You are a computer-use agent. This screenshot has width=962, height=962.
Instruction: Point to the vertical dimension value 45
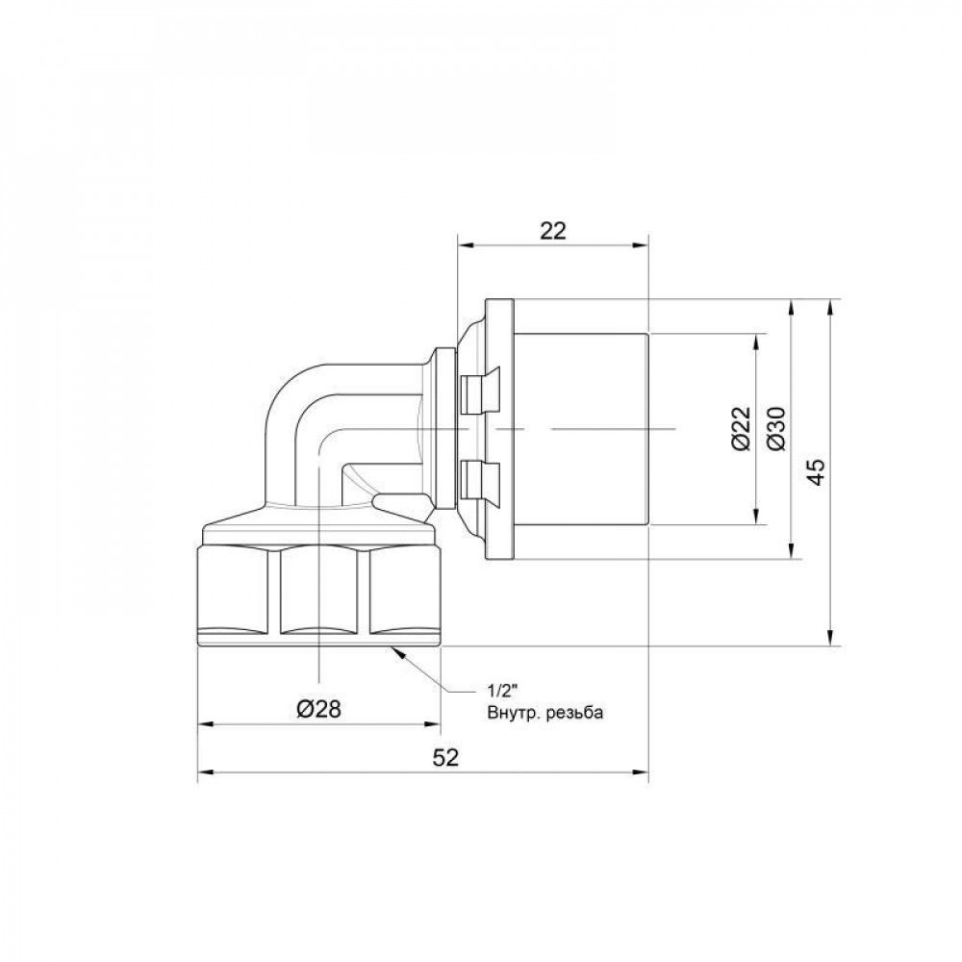click(x=816, y=472)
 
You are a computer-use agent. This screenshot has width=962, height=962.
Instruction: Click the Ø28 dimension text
click(x=318, y=709)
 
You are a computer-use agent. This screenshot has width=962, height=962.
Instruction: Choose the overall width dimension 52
click(x=443, y=757)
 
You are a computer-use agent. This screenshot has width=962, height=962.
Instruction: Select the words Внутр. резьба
click(x=544, y=712)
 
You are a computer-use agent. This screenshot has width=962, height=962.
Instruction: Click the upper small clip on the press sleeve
click(x=478, y=390)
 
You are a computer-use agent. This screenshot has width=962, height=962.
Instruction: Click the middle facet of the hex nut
click(x=318, y=592)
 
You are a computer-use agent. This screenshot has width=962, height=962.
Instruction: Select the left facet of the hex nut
click(x=237, y=592)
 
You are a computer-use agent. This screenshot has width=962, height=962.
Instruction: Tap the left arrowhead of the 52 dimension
click(x=205, y=772)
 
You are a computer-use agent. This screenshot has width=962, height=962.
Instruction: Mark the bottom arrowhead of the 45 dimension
click(x=830, y=639)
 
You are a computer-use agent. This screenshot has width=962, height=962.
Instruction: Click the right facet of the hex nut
click(x=399, y=592)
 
